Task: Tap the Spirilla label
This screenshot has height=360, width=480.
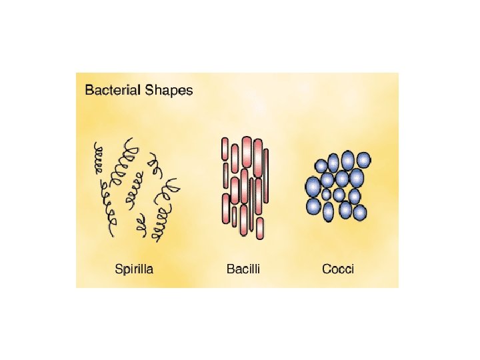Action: (134, 269)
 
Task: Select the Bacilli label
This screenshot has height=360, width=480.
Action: (243, 269)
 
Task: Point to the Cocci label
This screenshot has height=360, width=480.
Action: (338, 269)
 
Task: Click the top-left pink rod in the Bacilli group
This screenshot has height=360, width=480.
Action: (225, 149)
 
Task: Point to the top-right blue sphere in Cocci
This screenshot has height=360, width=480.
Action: (363, 160)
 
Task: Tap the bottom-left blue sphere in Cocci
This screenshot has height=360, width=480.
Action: (313, 206)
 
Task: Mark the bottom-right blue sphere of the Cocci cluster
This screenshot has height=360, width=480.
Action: (360, 213)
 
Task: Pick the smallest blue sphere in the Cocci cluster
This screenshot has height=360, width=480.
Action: (327, 195)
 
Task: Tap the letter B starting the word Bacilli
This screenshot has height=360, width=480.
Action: (231, 269)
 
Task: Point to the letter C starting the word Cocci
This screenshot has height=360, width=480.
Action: (327, 269)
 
